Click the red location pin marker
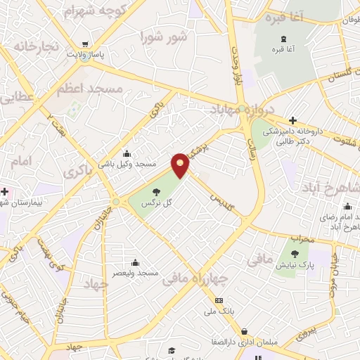point(181,165)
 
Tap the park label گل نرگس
point(158,203)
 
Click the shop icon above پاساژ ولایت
point(85,44)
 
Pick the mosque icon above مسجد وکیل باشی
point(127,154)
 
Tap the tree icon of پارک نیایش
point(295,255)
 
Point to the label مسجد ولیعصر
point(139,272)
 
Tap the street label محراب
point(300,239)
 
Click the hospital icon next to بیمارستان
point(6,191)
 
